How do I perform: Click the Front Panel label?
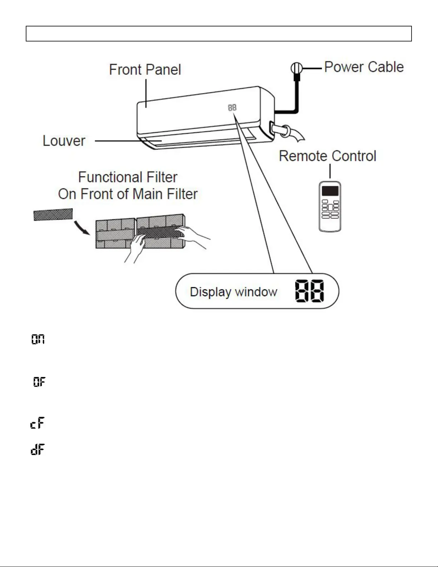(x=145, y=70)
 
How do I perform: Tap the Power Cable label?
(x=364, y=67)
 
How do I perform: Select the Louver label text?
(x=64, y=141)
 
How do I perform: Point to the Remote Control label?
(x=328, y=156)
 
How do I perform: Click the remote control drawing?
(x=330, y=206)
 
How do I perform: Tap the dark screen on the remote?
(x=330, y=191)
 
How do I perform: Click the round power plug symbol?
(x=296, y=68)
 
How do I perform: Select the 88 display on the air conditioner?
(x=232, y=108)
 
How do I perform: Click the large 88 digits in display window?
(x=310, y=291)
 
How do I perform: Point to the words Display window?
(x=233, y=292)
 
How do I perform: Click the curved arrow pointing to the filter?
(x=82, y=228)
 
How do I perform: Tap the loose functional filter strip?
(x=53, y=215)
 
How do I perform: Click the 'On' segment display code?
(x=38, y=339)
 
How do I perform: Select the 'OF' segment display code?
(x=39, y=382)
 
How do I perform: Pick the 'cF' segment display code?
(x=38, y=423)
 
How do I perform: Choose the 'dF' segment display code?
(x=38, y=449)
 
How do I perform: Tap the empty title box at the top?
(x=219, y=34)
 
